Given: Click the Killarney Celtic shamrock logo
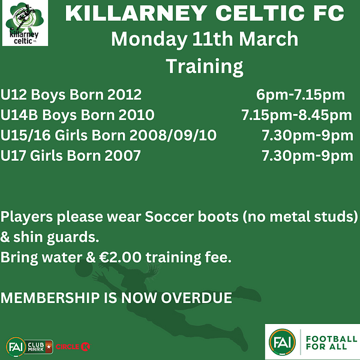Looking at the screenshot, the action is (25, 23).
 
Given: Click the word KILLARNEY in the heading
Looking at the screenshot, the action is (136, 13).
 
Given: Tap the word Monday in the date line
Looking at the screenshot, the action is (149, 40).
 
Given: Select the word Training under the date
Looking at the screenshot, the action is (205, 67).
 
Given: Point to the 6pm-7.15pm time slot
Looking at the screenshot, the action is (301, 95).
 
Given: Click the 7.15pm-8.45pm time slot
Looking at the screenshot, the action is (296, 115).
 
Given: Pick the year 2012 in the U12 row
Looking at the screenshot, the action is (124, 94).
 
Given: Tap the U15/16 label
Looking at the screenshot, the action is (25, 135).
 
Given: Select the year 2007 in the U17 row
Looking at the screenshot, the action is (122, 155).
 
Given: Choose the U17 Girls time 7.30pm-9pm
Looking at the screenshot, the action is (307, 156).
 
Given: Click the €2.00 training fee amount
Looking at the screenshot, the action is (121, 257).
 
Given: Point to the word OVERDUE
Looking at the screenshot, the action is (197, 298).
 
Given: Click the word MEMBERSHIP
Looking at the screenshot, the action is (50, 298).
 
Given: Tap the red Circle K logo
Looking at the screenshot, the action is (73, 347).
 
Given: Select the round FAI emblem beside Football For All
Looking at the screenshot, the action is (282, 342).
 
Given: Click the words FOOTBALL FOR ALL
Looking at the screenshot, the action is (331, 343).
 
